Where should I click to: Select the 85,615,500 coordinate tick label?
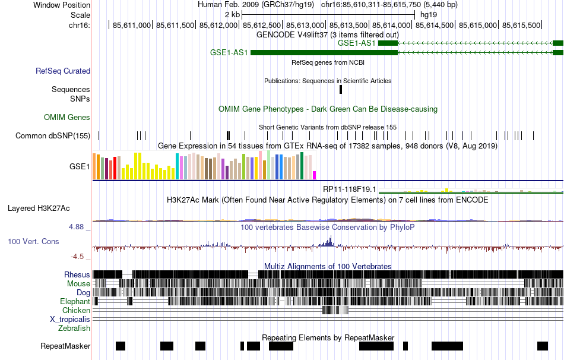[522, 25]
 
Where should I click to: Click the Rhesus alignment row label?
[77, 274]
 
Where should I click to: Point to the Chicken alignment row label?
[76, 310]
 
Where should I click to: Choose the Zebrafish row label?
[74, 328]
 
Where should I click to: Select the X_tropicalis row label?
[70, 319]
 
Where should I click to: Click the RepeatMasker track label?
[65, 346]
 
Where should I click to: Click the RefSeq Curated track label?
[63, 71]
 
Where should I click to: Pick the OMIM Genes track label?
[67, 118]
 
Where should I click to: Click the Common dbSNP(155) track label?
[53, 136]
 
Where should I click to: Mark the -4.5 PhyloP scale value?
[79, 257]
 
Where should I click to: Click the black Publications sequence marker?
[341, 89]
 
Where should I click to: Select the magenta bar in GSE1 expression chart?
[315, 175]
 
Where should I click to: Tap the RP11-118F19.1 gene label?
[350, 189]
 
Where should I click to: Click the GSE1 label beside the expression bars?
[80, 167]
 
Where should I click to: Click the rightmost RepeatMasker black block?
[542, 346]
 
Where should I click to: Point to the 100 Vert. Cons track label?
[33, 242]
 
